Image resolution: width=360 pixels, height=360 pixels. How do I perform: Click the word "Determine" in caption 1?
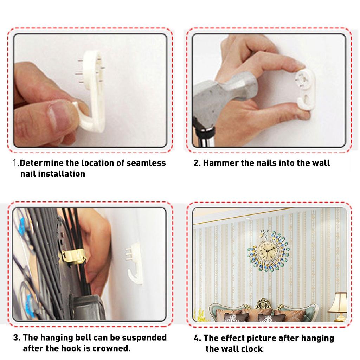coord(41,163)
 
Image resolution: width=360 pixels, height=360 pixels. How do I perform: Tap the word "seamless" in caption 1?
coord(146,163)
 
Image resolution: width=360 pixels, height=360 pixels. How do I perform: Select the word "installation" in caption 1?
coord(62,174)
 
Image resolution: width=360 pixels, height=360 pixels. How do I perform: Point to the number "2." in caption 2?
coord(197,163)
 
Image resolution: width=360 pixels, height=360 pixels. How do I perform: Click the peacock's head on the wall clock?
coord(263,234)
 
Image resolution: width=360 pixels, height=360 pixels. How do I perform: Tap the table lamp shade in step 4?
coord(338,302)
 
